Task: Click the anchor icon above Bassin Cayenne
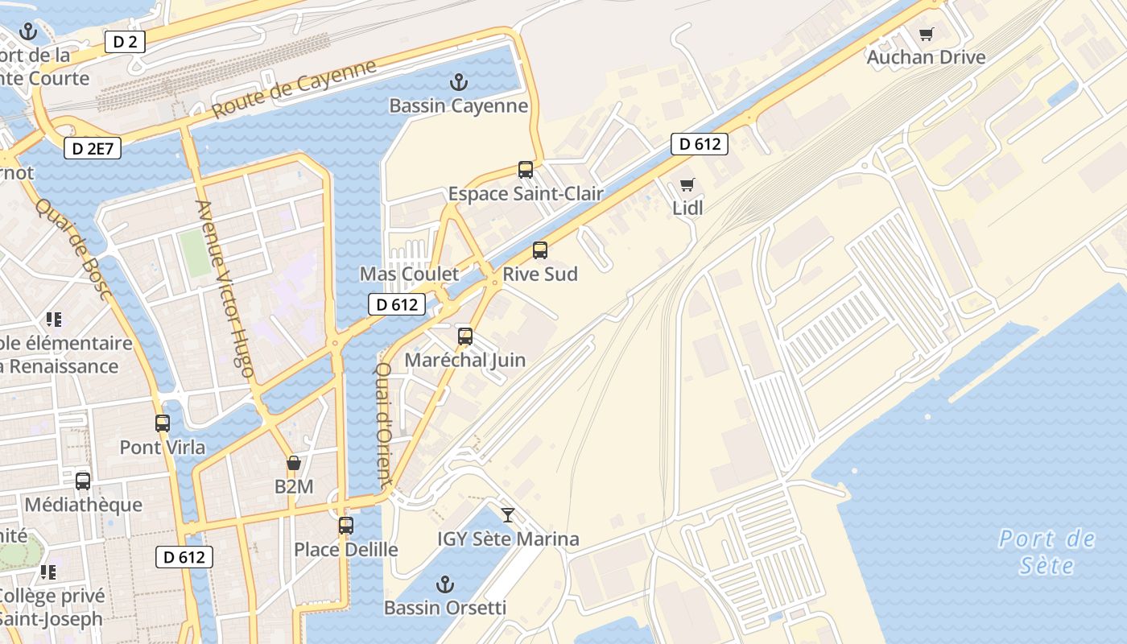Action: [x=458, y=82]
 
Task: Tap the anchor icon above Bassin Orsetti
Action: [x=444, y=584]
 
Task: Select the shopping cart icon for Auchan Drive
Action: [x=926, y=35]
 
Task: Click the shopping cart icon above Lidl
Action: [x=687, y=185]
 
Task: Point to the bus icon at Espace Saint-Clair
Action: [x=526, y=170]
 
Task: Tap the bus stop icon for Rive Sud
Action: [x=540, y=250]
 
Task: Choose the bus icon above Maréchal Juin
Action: [x=464, y=336]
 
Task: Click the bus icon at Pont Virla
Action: [x=163, y=423]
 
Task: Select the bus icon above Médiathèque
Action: [x=83, y=481]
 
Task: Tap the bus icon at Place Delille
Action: [x=346, y=526]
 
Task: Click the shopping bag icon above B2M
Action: [x=294, y=464]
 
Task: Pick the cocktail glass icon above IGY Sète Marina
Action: [x=508, y=515]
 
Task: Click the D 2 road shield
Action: [x=125, y=42]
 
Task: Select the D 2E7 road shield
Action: [x=92, y=148]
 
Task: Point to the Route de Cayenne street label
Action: [x=295, y=89]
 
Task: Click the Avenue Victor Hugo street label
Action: [x=225, y=288]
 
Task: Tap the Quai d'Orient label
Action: [x=383, y=423]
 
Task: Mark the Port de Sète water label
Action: [x=1046, y=551]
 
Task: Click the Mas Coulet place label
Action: [x=409, y=274]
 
